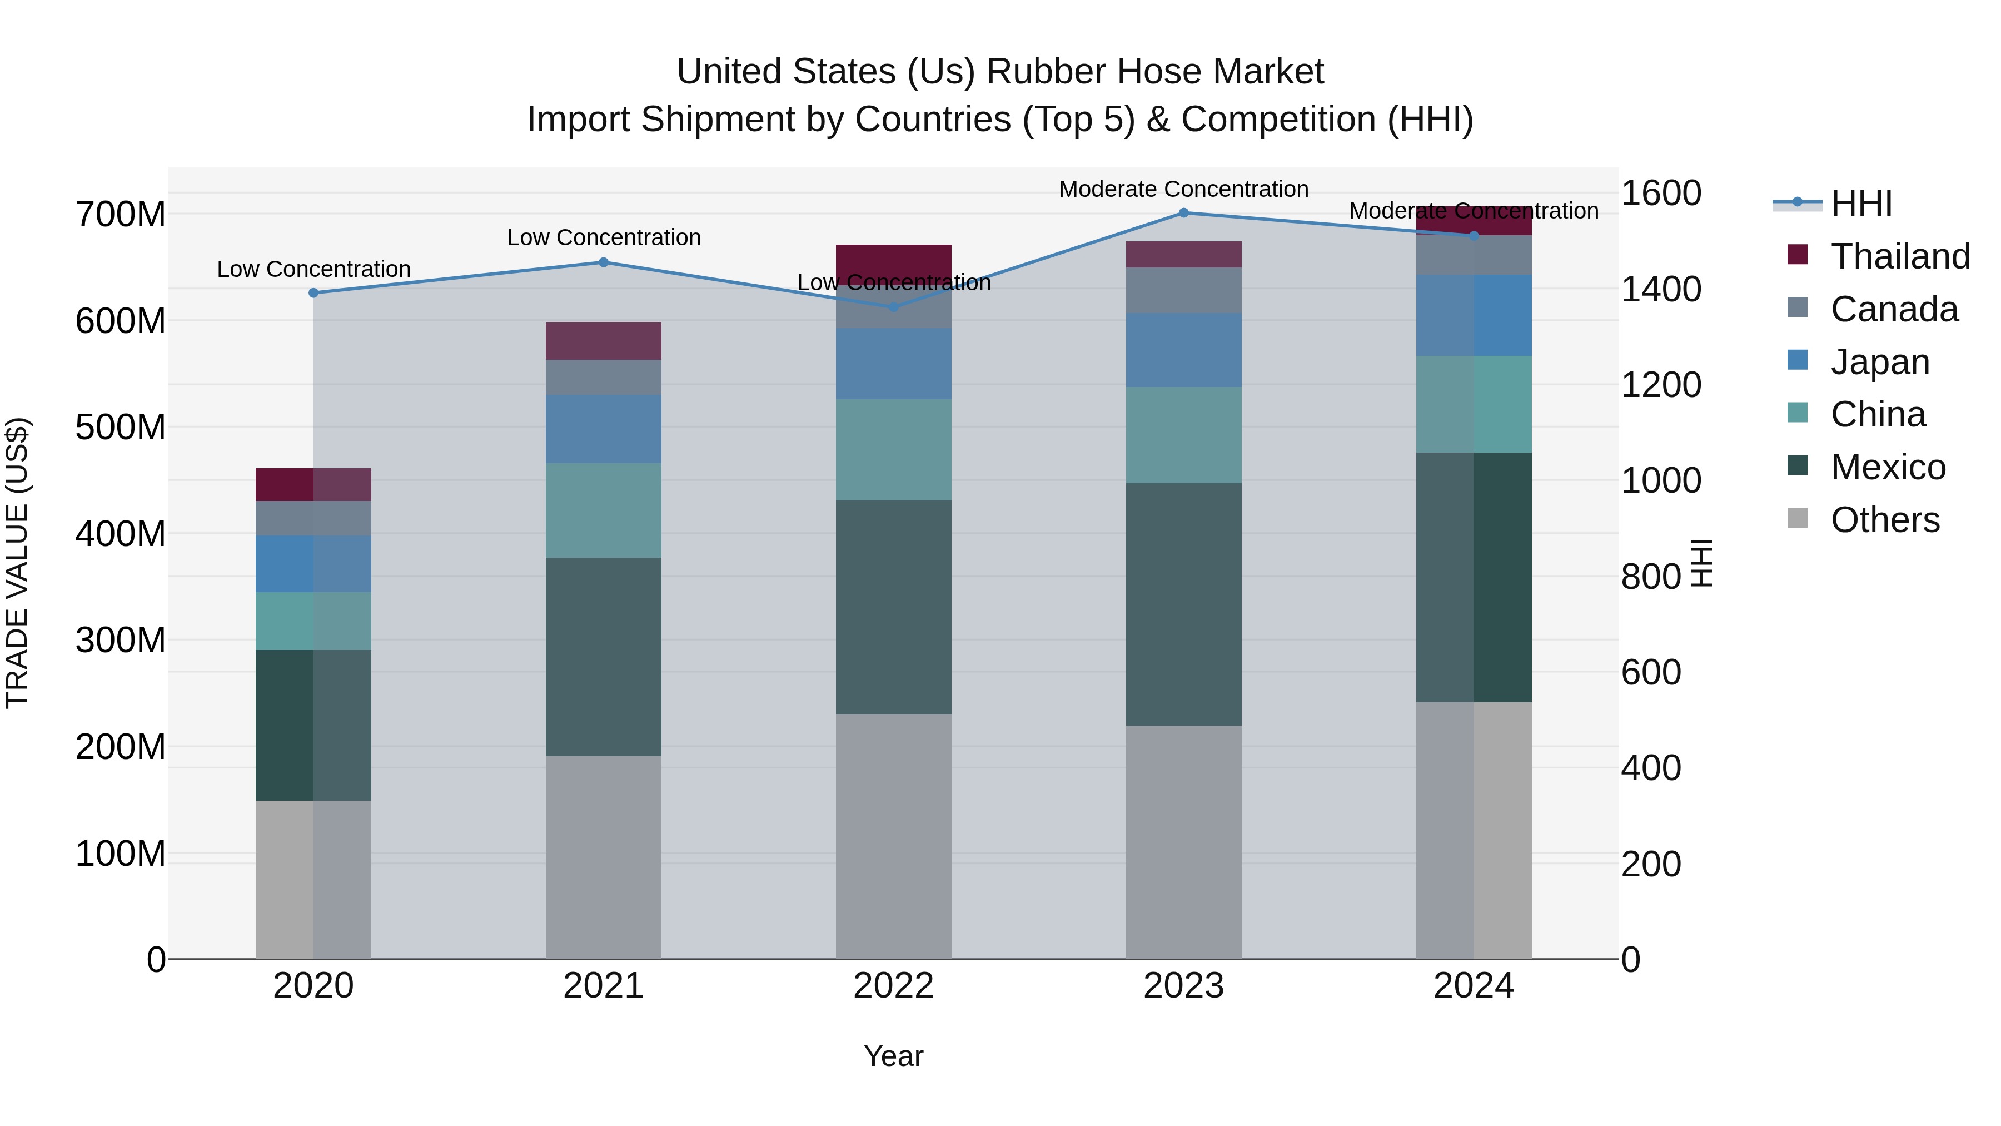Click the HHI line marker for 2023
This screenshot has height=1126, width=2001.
pos(1183,213)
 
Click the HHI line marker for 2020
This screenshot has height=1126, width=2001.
pos(314,293)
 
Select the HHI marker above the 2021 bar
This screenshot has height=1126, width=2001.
pos(604,262)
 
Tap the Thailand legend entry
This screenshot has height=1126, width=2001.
pos(1899,256)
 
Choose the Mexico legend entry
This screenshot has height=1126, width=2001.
pos(1888,467)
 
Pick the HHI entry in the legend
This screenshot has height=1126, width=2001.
pos(1860,204)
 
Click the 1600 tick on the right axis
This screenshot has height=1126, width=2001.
pos(1661,193)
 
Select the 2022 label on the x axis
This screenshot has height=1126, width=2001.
pos(893,986)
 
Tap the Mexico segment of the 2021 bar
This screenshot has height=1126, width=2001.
pos(604,657)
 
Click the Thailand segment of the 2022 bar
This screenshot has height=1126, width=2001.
pos(893,260)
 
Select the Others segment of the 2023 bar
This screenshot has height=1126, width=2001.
pos(1183,842)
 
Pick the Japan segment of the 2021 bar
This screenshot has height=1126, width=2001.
pos(604,429)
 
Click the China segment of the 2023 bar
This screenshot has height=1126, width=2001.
pos(1183,435)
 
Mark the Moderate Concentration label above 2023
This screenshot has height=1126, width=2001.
pos(1183,189)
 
